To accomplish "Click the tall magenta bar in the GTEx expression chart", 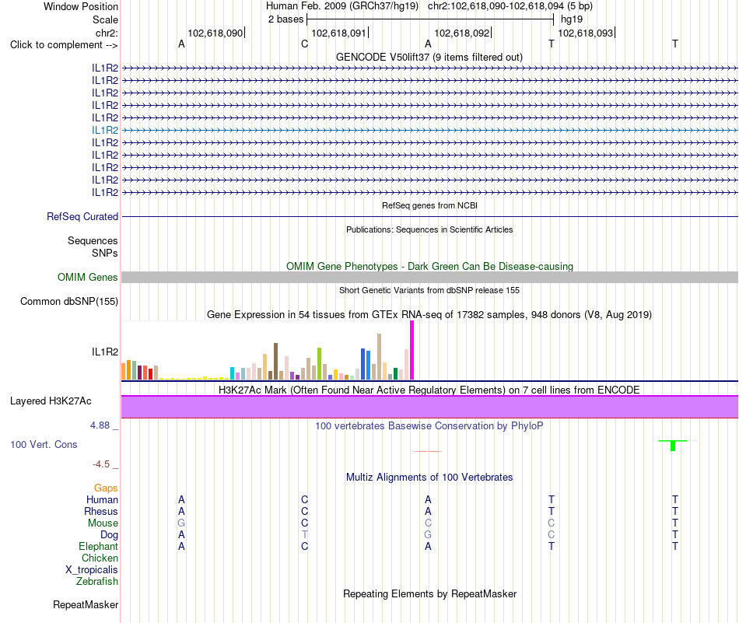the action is click(412, 350).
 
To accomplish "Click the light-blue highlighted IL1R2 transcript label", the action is click(105, 130).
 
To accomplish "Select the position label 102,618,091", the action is click(338, 33).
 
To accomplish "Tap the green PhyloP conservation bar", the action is click(673, 446).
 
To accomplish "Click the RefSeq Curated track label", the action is click(82, 217).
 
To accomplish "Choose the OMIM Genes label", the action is click(88, 277).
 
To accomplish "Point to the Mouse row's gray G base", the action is click(181, 523).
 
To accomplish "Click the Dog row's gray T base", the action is click(304, 535).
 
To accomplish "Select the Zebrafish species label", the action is click(97, 582).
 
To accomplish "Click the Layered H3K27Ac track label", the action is click(51, 401).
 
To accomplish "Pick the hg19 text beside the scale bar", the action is click(572, 19).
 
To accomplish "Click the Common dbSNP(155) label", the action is click(69, 302).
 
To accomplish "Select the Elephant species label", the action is click(99, 547).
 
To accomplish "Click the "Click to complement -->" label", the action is click(64, 45).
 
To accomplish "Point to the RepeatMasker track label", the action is click(86, 604).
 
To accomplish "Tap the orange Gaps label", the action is click(106, 488).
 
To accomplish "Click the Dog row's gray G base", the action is click(428, 535).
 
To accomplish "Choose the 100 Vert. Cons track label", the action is click(44, 444).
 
